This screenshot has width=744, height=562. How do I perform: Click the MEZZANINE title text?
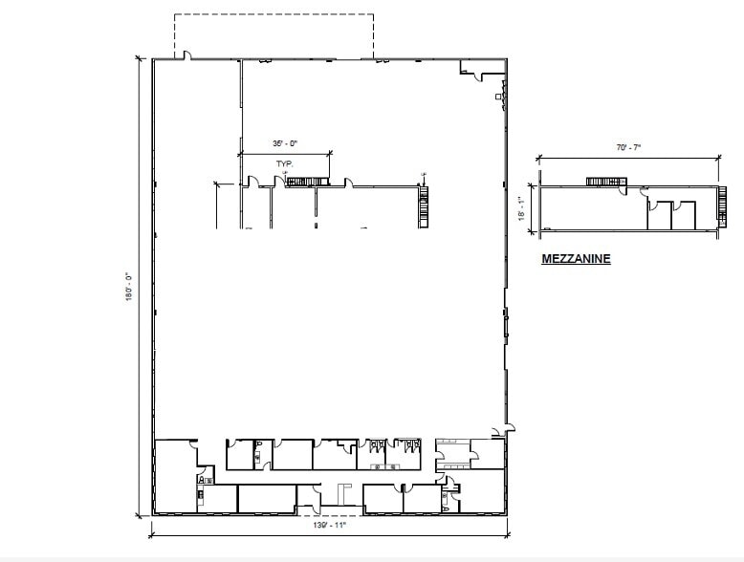[x=576, y=258]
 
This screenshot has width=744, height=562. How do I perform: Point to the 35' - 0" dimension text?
[x=285, y=143]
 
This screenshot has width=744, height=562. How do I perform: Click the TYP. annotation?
[x=284, y=163]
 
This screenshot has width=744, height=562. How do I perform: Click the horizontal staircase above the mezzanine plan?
[x=604, y=181]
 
